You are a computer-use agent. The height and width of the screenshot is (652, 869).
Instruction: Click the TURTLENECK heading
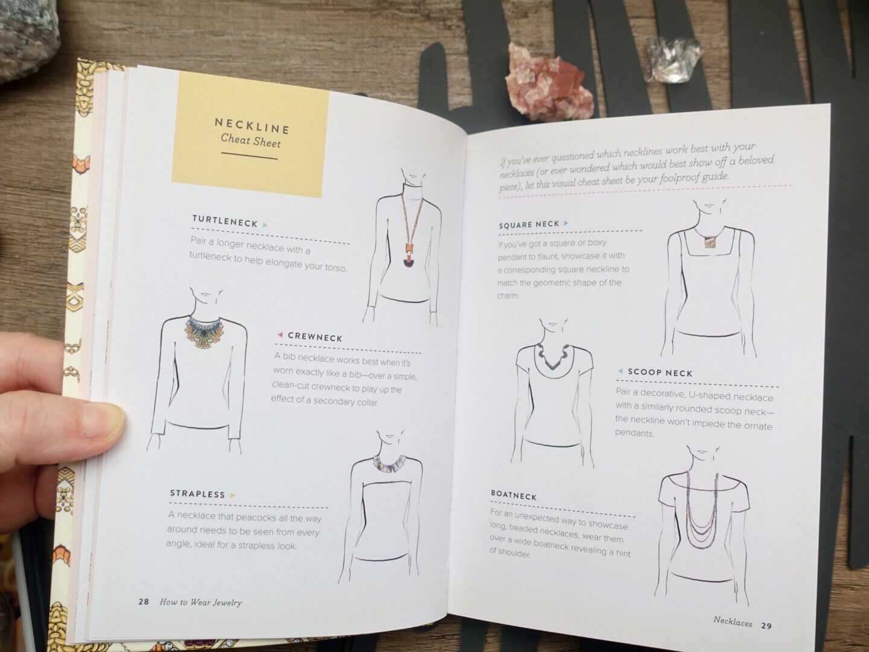tap(225, 221)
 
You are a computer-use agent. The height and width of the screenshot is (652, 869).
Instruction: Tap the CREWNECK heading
tap(315, 337)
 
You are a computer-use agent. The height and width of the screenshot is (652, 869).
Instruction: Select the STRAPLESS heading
tap(197, 494)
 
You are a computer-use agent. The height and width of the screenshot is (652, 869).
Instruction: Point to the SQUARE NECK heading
tap(529, 225)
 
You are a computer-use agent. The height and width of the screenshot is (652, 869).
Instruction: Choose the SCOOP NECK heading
tap(660, 372)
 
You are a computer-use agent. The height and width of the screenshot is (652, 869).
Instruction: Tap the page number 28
tap(143, 602)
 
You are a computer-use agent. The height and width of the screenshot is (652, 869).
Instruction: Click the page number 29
tap(766, 626)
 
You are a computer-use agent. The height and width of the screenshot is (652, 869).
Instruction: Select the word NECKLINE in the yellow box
tap(252, 126)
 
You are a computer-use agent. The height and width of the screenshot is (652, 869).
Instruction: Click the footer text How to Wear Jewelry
tap(200, 602)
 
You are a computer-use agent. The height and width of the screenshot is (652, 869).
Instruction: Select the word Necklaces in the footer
tap(733, 622)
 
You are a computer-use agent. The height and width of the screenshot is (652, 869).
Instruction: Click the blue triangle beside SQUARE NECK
tap(566, 223)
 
